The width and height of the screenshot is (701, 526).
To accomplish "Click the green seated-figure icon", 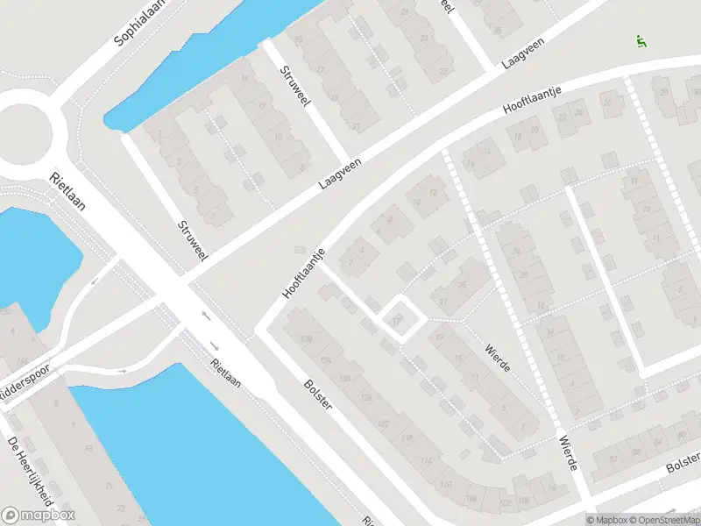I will (x=641, y=41).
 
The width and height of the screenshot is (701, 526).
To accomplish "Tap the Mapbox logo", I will (x=39, y=515).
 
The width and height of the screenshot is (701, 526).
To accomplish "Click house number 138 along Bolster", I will (x=306, y=339).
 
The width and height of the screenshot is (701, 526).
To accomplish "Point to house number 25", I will (x=460, y=284).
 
